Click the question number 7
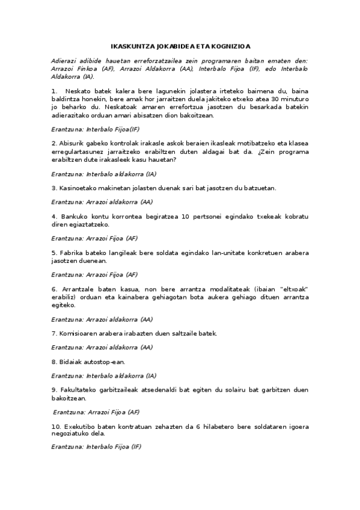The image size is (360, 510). pos(53,333)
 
